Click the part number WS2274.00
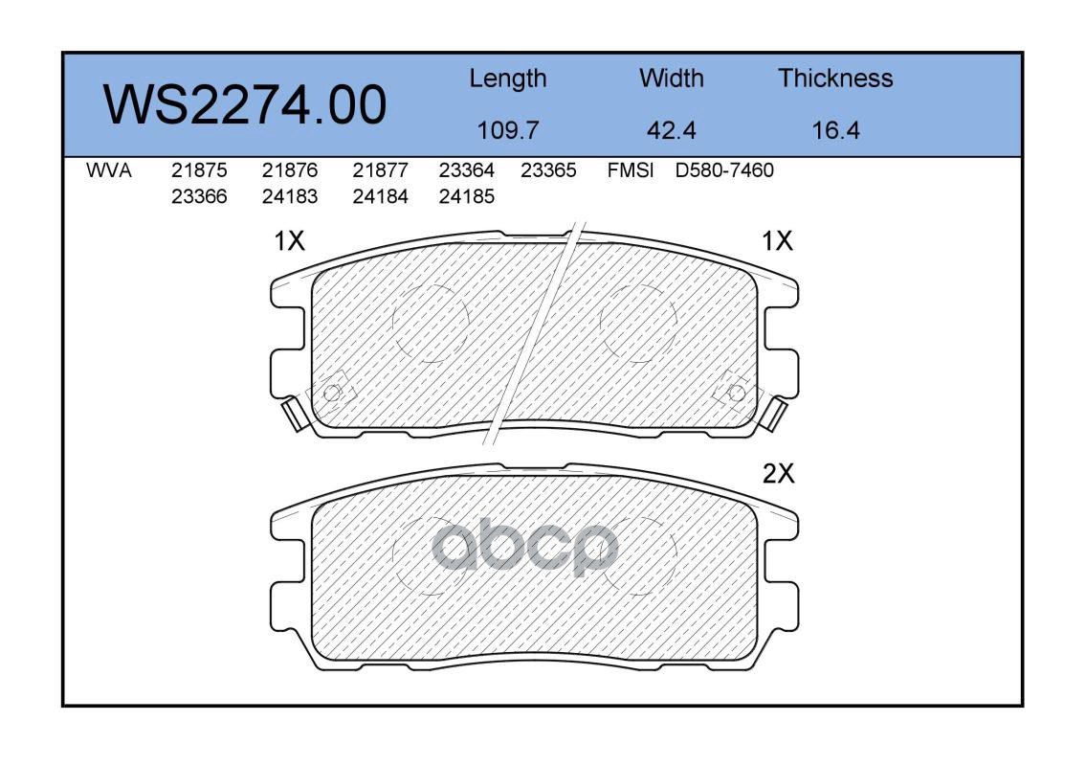coord(245,105)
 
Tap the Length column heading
coord(508,79)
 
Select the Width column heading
coord(671,79)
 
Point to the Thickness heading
coord(835,79)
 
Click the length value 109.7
coord(508,130)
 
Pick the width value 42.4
coord(671,130)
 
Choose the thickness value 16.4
coord(835,130)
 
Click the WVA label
coord(109,170)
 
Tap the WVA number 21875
coord(199,170)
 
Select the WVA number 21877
coord(380,170)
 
